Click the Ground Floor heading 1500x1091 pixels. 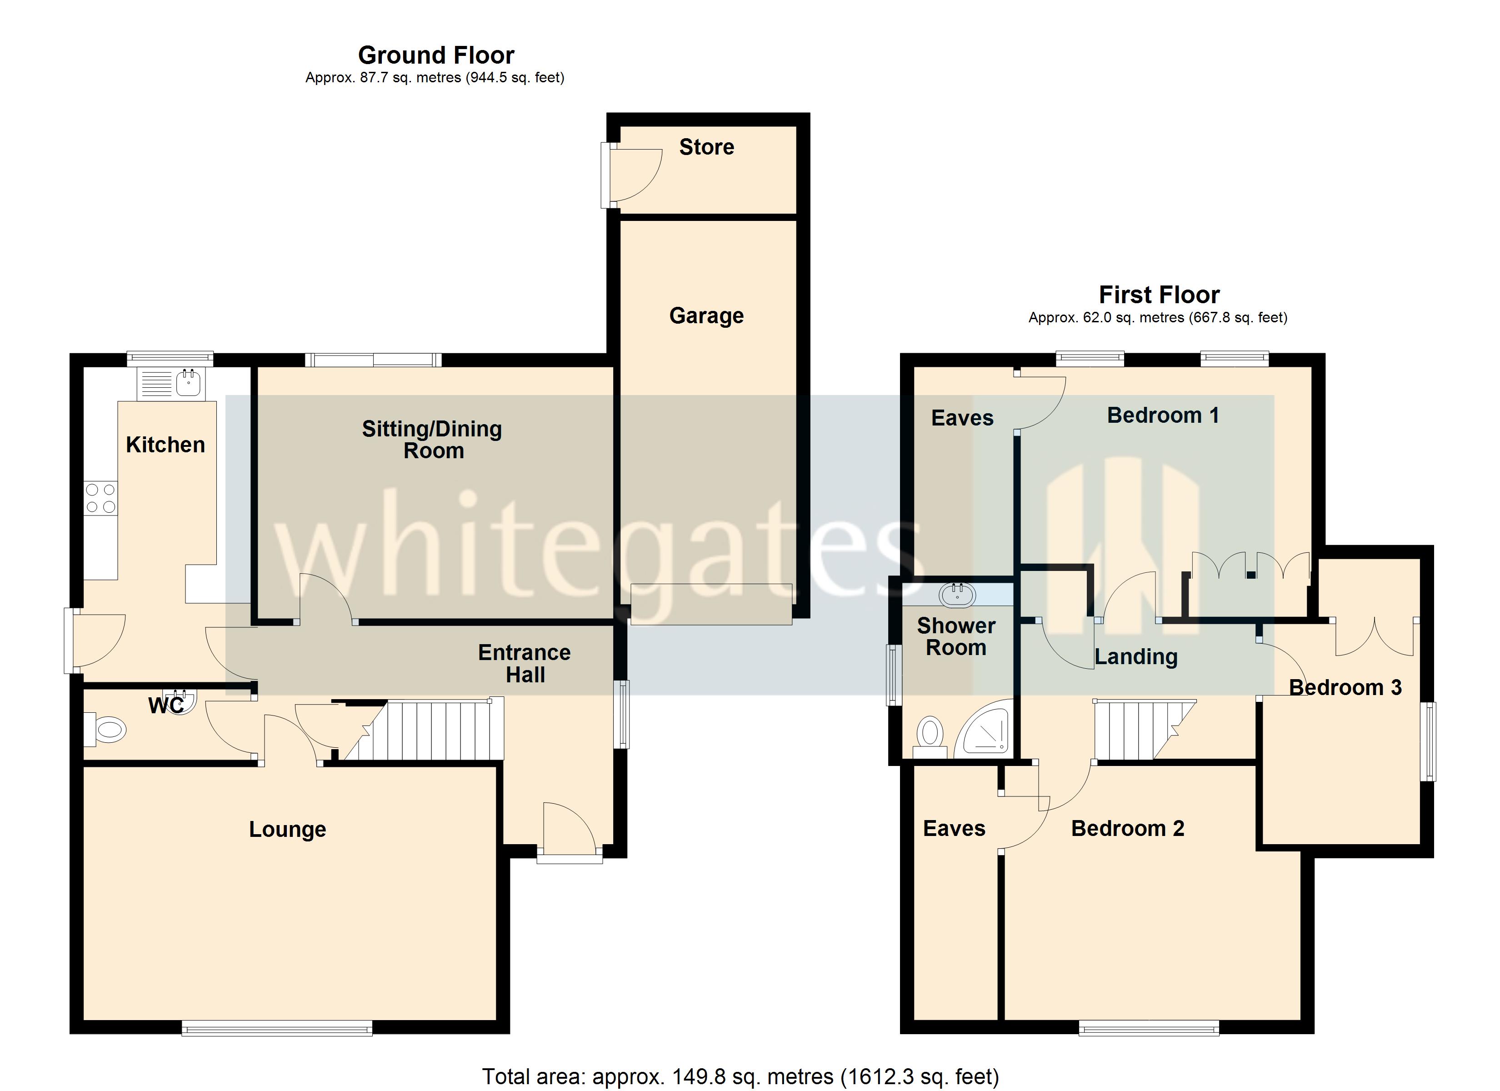[x=436, y=55]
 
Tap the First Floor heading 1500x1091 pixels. [x=1159, y=295]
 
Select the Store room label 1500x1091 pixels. [x=706, y=147]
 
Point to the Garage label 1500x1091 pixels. [x=706, y=315]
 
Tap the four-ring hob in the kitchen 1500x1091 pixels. [x=100, y=499]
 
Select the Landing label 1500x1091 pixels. [x=1135, y=656]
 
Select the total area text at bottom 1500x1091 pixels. [x=740, y=1077]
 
